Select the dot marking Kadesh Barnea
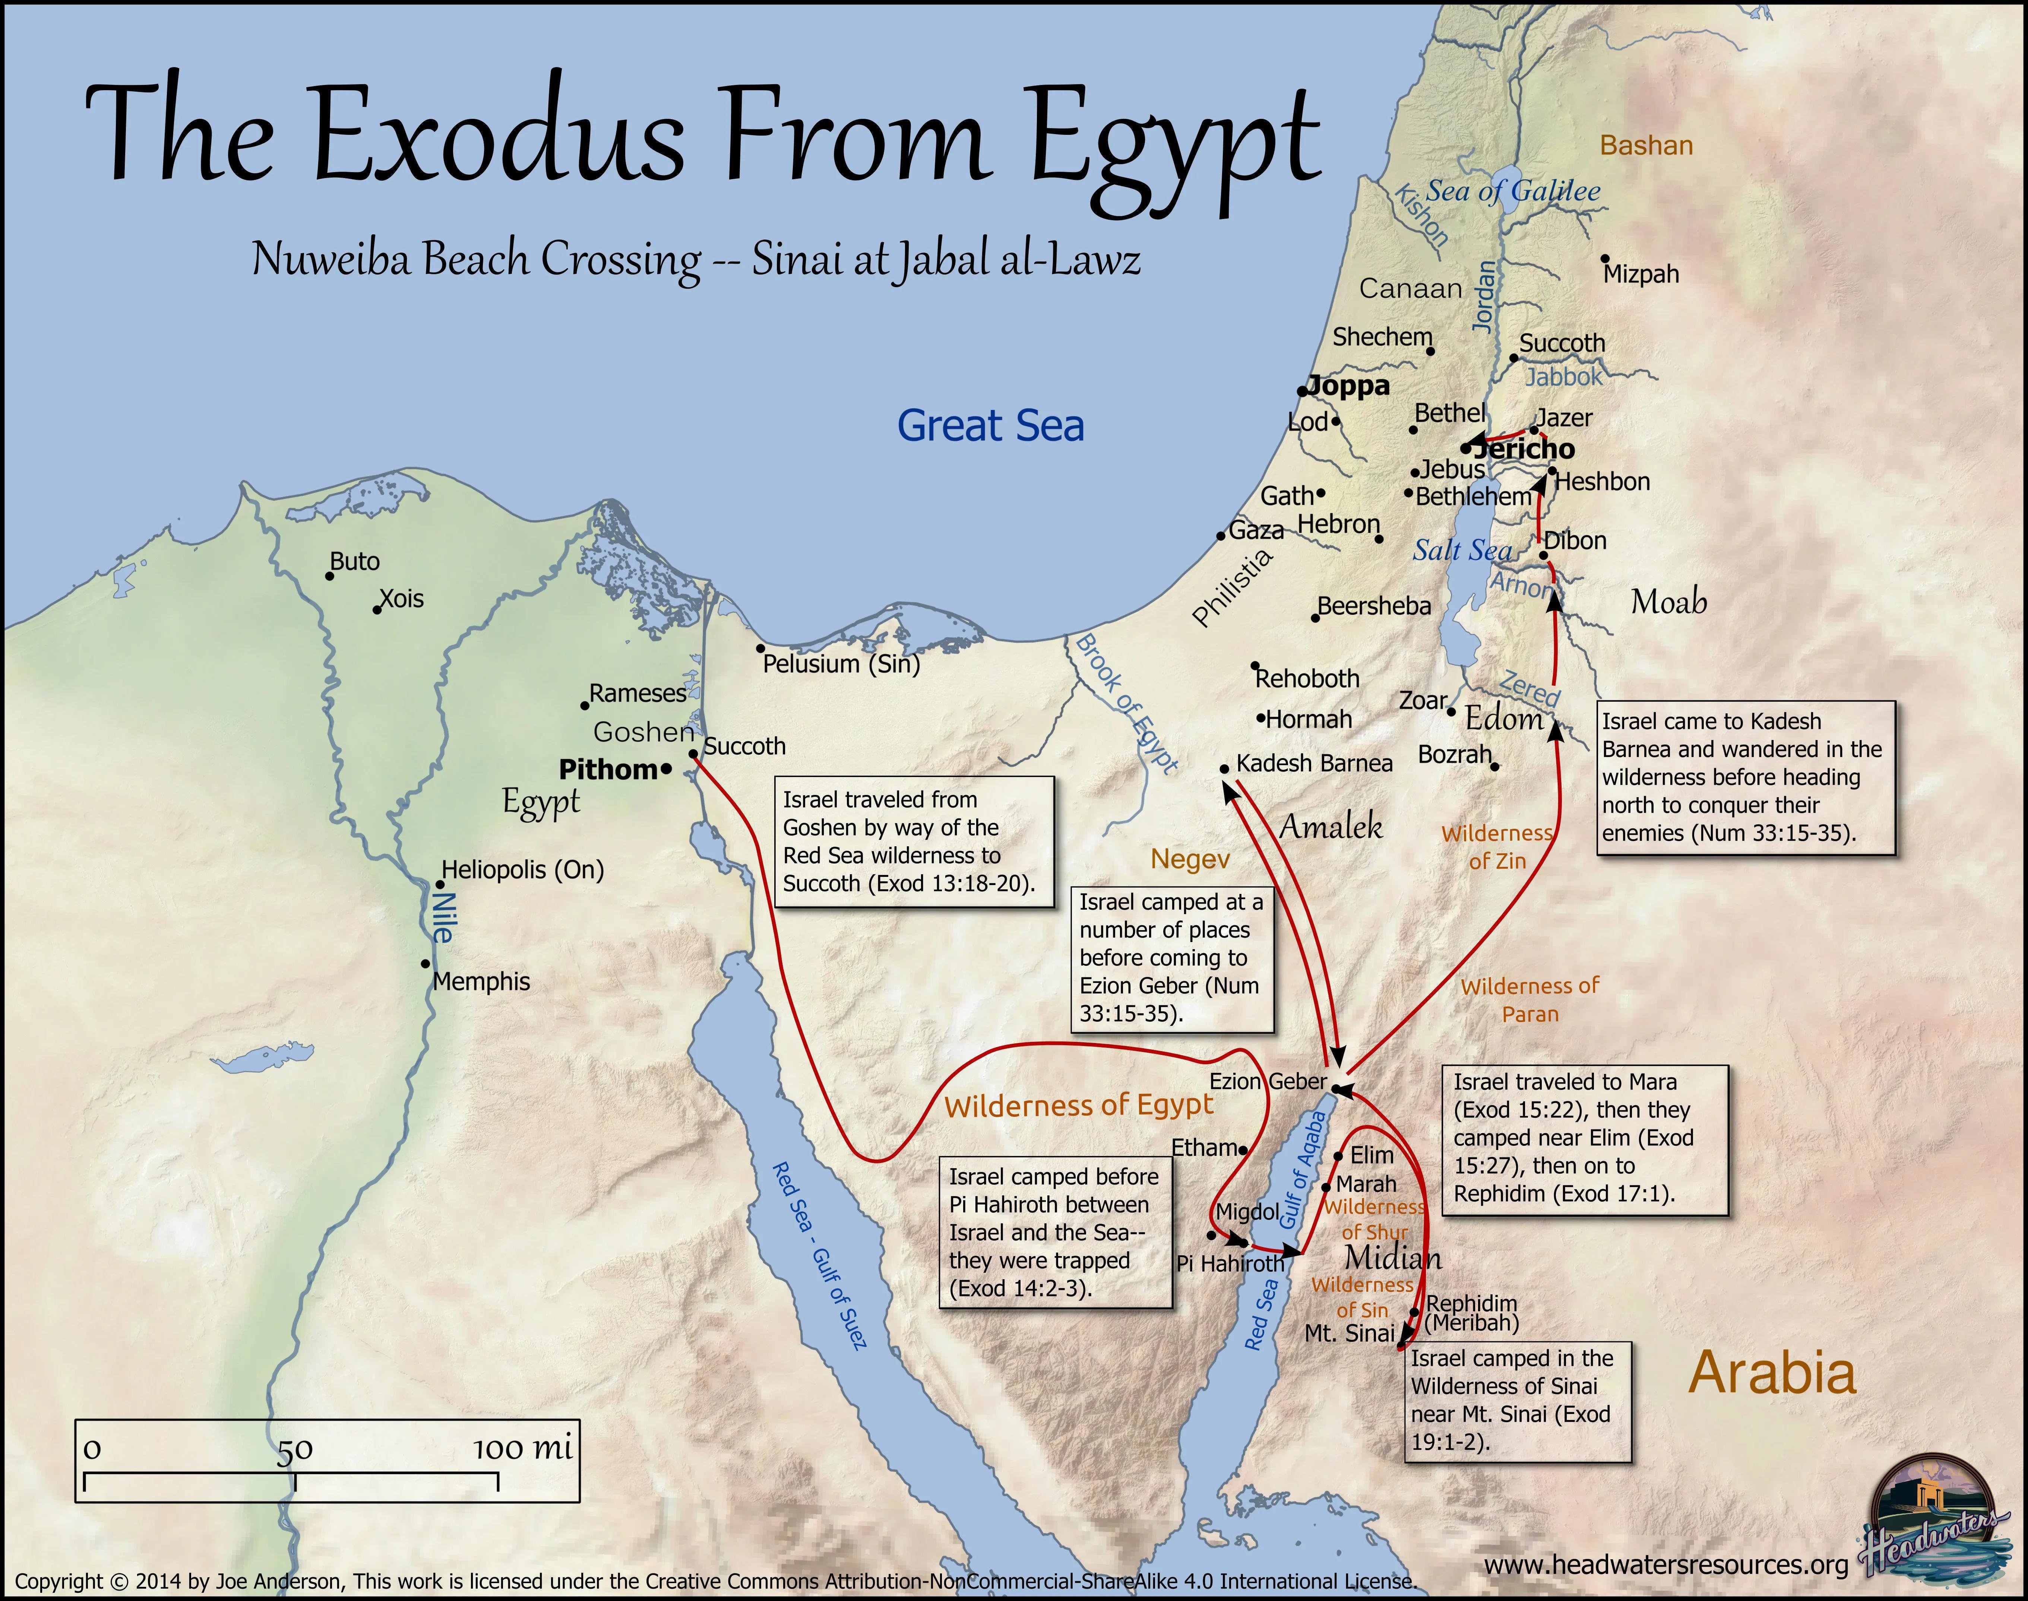(1224, 768)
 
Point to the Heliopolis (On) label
(522, 870)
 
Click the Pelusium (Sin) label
(841, 664)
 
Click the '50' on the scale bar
(294, 1449)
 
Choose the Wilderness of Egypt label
(1078, 1106)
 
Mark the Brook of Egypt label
(1125, 703)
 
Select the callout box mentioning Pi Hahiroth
(1055, 1232)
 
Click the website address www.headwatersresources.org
(1666, 1564)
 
